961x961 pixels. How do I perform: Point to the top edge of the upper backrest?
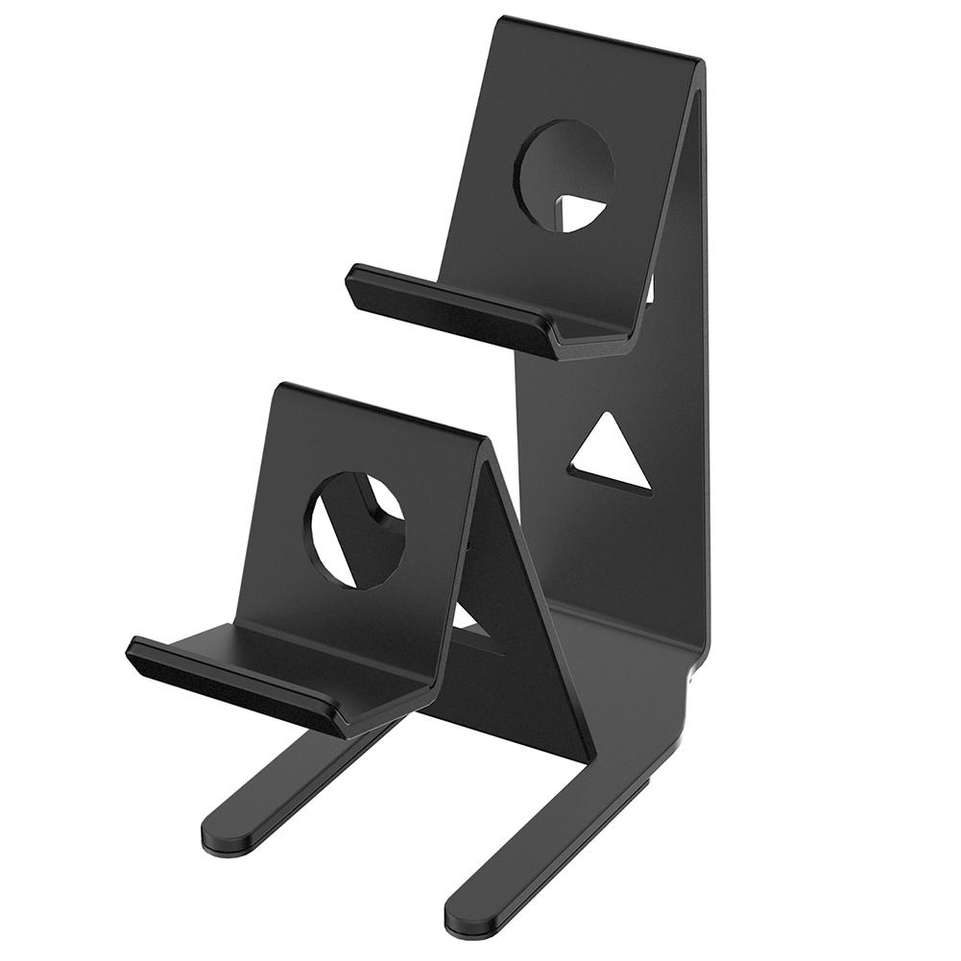[x=596, y=38]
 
